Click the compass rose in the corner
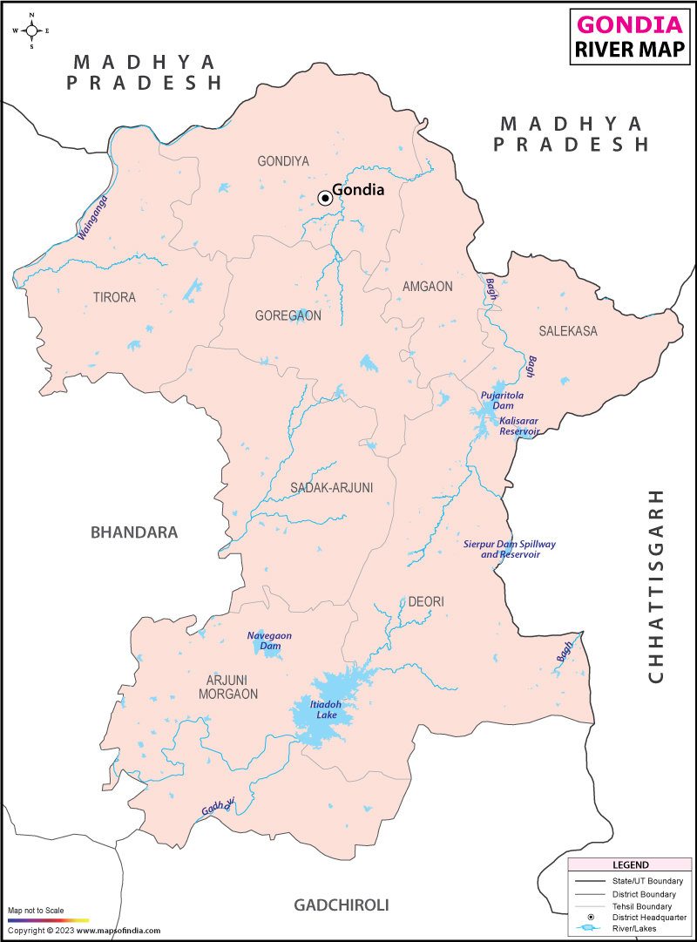point(32,30)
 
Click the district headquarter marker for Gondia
point(325,198)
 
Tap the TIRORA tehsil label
point(114,297)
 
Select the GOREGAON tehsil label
point(288,315)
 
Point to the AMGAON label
point(427,287)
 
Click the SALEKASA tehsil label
point(567,331)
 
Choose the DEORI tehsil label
point(426,602)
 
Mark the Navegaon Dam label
point(263,640)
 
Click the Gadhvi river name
point(219,808)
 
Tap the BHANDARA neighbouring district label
point(134,532)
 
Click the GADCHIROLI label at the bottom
point(341,905)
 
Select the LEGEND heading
point(631,864)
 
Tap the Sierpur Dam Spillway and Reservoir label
point(509,549)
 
